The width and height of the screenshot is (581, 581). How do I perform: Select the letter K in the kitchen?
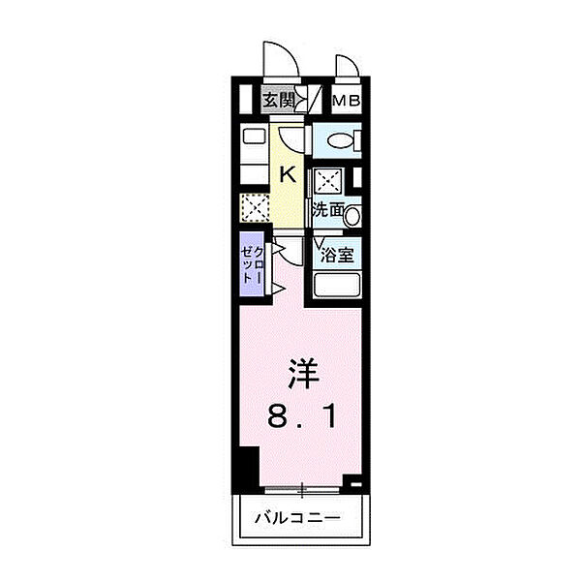(x=288, y=174)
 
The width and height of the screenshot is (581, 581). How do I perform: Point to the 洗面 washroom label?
(x=328, y=209)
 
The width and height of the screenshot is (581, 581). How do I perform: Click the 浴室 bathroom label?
(x=337, y=257)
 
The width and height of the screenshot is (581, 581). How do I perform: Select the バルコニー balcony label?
(x=300, y=518)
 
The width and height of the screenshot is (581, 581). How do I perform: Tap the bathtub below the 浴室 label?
(x=336, y=287)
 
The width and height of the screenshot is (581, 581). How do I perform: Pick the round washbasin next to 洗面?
(x=352, y=215)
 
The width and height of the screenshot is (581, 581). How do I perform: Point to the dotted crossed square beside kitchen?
(x=254, y=208)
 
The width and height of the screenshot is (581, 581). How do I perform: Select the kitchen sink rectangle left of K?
(x=253, y=137)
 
